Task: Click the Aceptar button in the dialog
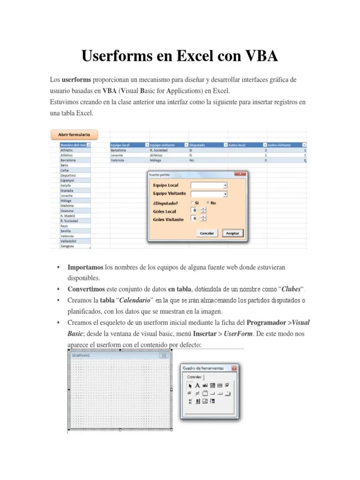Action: point(232,233)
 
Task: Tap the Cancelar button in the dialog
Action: point(207,233)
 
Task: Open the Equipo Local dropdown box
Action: point(209,185)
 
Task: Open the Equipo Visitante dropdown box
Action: point(209,194)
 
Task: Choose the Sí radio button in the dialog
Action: point(192,203)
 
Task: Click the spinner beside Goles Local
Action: point(203,210)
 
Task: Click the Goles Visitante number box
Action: point(195,218)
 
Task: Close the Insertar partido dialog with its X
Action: point(241,174)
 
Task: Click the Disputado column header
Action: point(205,145)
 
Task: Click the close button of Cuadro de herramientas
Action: point(234,368)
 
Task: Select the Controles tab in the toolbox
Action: point(195,377)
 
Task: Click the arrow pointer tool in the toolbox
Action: point(190,385)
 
